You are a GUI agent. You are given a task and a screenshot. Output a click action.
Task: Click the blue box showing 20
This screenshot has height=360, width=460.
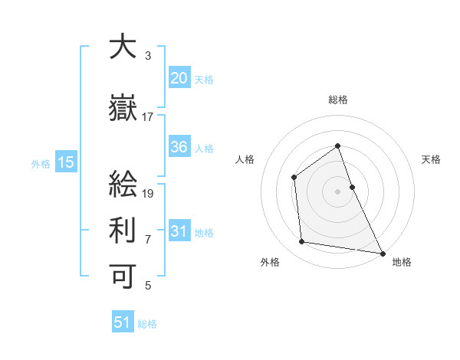(x=179, y=79)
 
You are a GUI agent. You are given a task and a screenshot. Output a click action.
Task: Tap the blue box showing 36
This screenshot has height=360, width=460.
(x=179, y=147)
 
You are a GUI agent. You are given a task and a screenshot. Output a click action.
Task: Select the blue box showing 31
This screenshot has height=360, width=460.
(x=179, y=231)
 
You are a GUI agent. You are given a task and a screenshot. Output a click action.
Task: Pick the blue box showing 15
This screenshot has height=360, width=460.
(x=65, y=162)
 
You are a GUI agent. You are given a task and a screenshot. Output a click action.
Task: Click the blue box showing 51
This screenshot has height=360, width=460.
(x=123, y=322)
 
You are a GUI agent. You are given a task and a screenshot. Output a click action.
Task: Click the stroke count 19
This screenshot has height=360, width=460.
(x=149, y=193)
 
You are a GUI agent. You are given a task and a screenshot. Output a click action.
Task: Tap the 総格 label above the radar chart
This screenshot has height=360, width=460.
(x=337, y=100)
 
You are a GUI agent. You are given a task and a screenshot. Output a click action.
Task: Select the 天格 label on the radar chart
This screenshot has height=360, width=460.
(x=431, y=159)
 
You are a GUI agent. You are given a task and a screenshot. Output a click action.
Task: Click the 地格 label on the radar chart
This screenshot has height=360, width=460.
(x=402, y=262)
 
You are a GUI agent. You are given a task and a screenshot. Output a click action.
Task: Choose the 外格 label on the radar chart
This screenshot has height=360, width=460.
(x=270, y=262)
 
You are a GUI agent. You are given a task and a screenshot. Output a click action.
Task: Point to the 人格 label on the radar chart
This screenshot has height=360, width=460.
(x=245, y=159)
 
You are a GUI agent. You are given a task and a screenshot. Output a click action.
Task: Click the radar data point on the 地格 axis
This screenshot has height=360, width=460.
(x=382, y=252)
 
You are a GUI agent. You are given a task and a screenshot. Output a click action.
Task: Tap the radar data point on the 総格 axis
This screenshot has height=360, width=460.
(x=337, y=146)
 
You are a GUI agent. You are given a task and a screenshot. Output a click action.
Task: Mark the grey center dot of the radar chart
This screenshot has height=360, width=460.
(x=337, y=191)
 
